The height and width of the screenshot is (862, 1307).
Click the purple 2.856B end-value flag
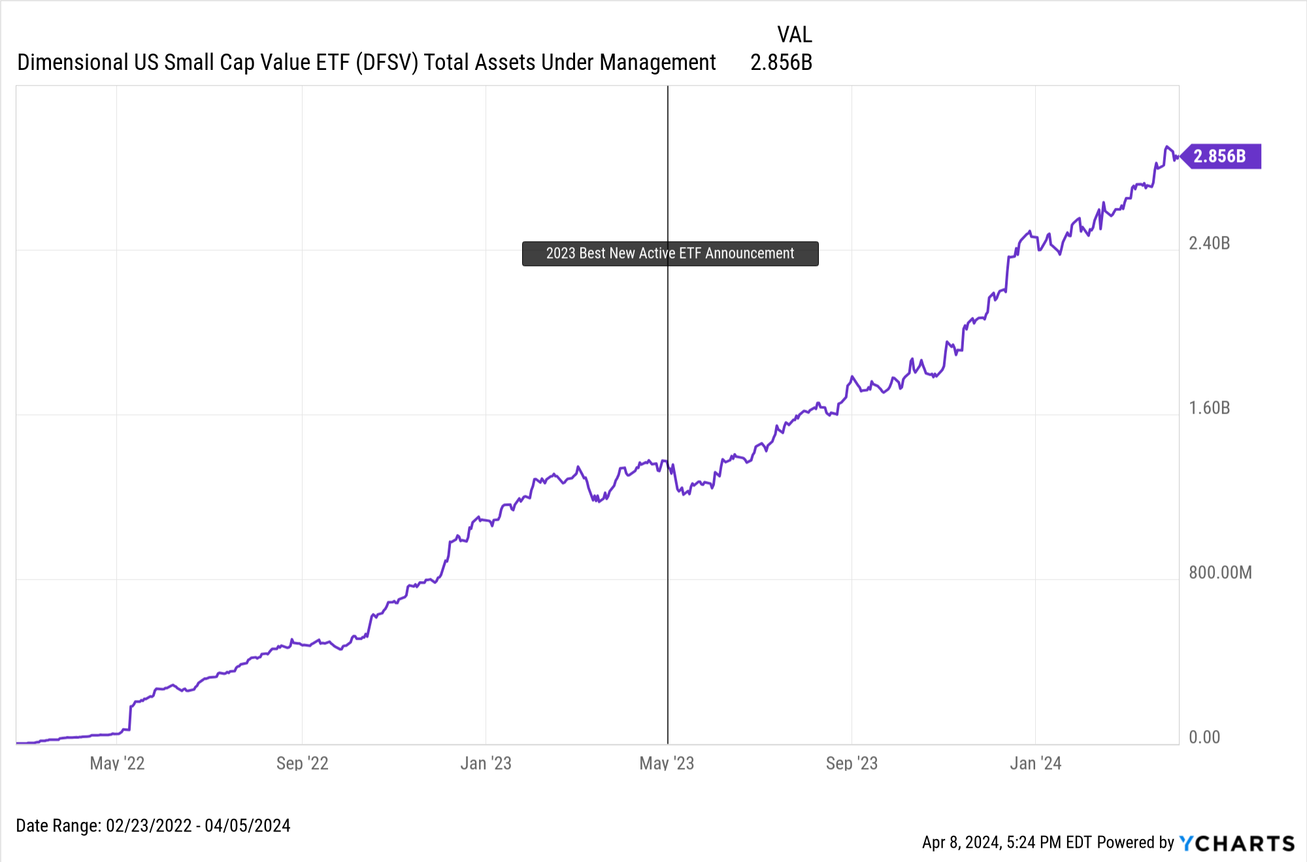pyautogui.click(x=1221, y=156)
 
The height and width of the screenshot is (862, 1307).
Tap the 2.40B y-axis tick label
pyautogui.click(x=1209, y=244)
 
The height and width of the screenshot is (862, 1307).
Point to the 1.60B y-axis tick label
pyautogui.click(x=1209, y=408)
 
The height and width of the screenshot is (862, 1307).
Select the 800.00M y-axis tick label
pyautogui.click(x=1220, y=573)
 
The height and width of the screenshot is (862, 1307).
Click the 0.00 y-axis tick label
pyautogui.click(x=1204, y=738)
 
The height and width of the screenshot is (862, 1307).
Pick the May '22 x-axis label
pyautogui.click(x=117, y=763)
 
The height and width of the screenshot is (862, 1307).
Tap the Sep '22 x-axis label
pyautogui.click(x=302, y=763)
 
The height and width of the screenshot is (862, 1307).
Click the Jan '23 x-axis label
pyautogui.click(x=486, y=763)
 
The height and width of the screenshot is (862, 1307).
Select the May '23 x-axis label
pyautogui.click(x=667, y=763)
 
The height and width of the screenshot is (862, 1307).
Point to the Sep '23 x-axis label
pyautogui.click(x=852, y=763)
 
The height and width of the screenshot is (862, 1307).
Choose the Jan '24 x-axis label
pyautogui.click(x=1035, y=763)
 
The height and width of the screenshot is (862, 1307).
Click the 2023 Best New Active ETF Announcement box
pyautogui.click(x=670, y=254)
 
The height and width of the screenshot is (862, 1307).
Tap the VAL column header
pyautogui.click(x=794, y=35)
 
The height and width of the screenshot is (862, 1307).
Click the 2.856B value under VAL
pyautogui.click(x=781, y=63)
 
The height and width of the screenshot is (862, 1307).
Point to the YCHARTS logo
pyautogui.click(x=1236, y=843)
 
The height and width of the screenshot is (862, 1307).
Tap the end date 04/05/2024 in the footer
pyautogui.click(x=248, y=826)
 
